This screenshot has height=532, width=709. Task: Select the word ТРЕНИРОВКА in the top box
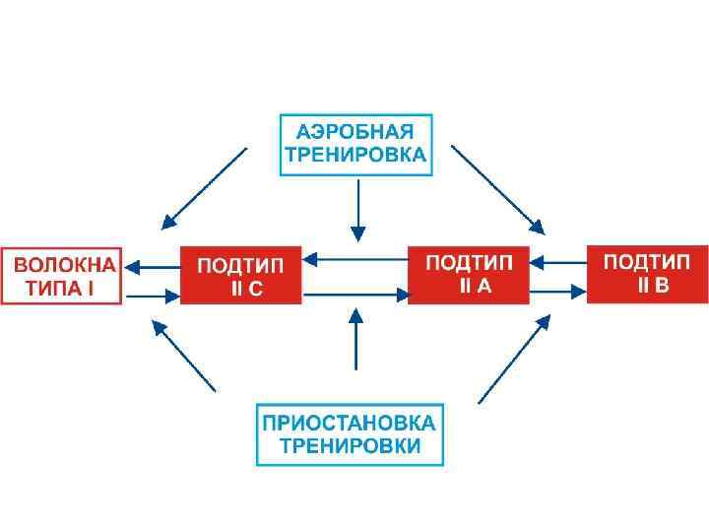coord(355,155)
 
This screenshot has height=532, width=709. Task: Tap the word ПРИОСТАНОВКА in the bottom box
coord(349,423)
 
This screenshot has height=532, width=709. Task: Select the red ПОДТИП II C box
coord(241,275)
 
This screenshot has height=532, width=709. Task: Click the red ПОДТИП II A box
coord(468,275)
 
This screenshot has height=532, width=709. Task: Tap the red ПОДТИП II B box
coord(647,273)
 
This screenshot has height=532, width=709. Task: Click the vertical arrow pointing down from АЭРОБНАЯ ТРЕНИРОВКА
coord(357,211)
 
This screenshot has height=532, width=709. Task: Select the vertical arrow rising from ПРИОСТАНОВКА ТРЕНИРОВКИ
coord(356,337)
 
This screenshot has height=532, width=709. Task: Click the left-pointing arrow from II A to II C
coord(354,260)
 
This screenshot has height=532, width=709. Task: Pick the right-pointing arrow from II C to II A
coord(354,293)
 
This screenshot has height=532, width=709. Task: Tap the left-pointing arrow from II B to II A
coord(558,262)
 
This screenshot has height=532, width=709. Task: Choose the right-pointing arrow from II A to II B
coord(558,291)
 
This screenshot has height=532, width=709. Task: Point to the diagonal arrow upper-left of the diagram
coord(205,186)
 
